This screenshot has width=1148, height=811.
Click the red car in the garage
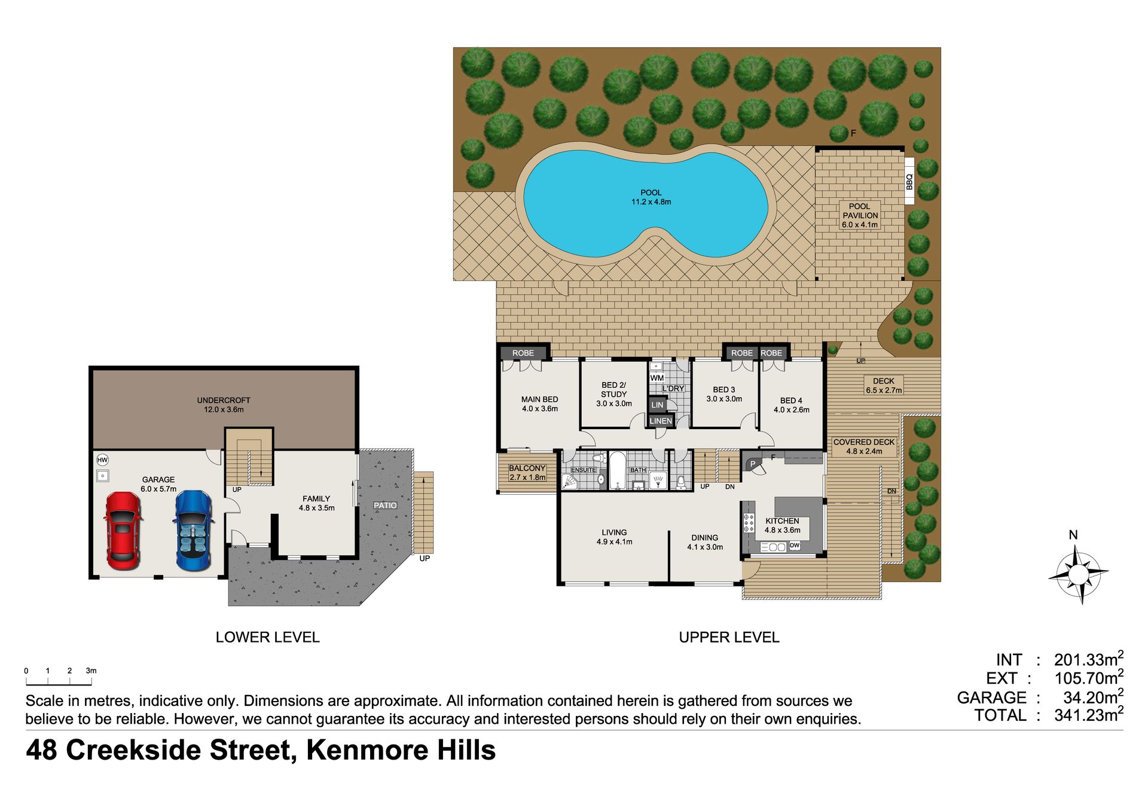[123, 531]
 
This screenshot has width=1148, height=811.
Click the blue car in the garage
[193, 531]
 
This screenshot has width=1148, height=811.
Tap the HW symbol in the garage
[103, 460]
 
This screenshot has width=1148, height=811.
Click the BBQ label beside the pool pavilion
[909, 181]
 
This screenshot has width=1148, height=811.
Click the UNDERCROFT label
[224, 400]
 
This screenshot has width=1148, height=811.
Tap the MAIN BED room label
[539, 399]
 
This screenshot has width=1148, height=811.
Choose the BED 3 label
[724, 390]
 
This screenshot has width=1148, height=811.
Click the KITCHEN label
[782, 521]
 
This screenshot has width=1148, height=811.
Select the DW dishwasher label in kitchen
[795, 546]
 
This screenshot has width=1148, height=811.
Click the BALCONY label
[527, 469]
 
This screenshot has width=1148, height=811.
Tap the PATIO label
[385, 506]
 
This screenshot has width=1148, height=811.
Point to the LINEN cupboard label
[661, 421]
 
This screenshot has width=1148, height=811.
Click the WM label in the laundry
[657, 378]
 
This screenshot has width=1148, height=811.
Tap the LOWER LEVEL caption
[268, 637]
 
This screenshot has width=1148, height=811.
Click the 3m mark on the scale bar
[91, 671]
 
